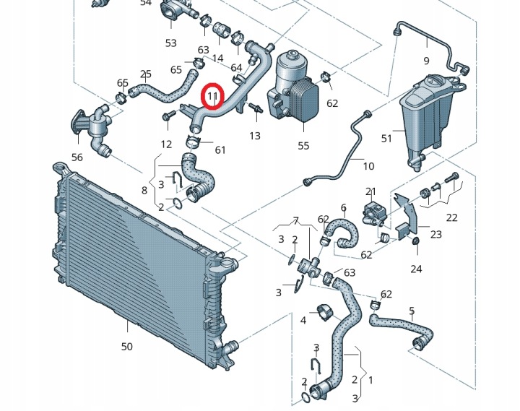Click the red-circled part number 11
point(212,96)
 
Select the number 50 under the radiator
point(126,347)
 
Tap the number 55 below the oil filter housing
point(303,146)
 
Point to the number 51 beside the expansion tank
point(386,139)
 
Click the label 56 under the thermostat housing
point(77,157)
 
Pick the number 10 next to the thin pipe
point(368,166)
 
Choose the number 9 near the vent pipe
point(426,61)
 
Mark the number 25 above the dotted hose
point(146,74)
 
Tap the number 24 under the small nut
point(416,269)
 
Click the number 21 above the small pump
point(370,191)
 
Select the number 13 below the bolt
point(255,136)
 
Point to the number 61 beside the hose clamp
point(220,150)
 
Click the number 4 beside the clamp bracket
point(303,321)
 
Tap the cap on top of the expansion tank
point(433,81)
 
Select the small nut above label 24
point(415,241)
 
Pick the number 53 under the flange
point(170,43)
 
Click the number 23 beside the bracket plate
point(435,235)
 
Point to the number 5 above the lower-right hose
point(412,311)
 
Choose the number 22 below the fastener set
point(451,217)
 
